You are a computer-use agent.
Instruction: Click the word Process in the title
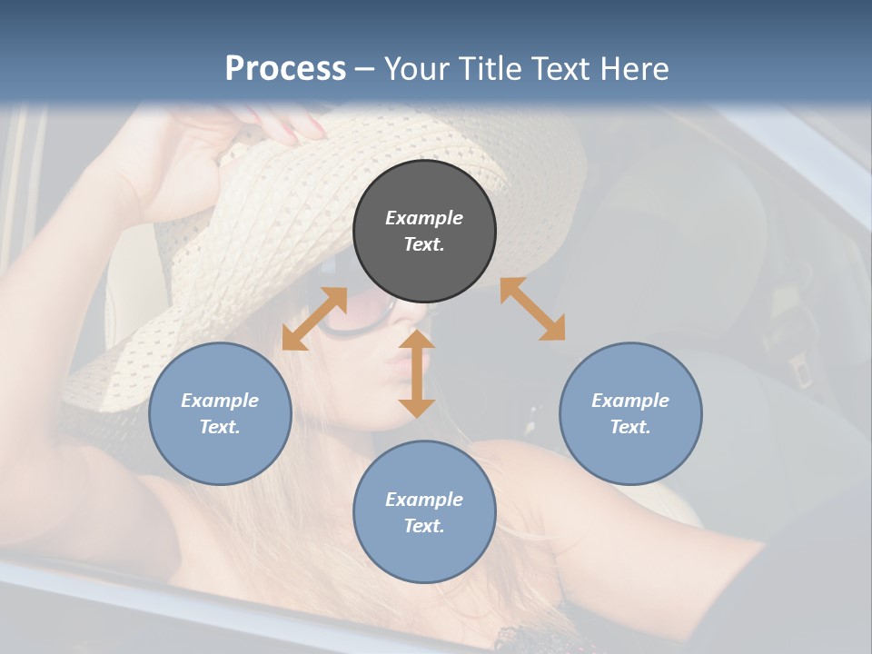pyautogui.click(x=285, y=69)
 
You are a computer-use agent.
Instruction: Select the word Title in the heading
pyautogui.click(x=484, y=69)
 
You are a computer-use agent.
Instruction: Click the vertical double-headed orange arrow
pyautogui.click(x=417, y=373)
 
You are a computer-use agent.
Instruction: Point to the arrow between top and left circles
pyautogui.click(x=314, y=319)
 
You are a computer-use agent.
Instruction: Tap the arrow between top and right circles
pyautogui.click(x=532, y=309)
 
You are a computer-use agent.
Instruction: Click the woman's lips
pyautogui.click(x=396, y=366)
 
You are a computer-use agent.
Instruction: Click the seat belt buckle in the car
pyautogui.click(x=800, y=369)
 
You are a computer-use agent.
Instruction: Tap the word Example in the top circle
pyautogui.click(x=424, y=218)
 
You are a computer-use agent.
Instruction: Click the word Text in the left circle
pyautogui.click(x=220, y=427)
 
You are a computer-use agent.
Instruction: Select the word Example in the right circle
pyautogui.click(x=630, y=401)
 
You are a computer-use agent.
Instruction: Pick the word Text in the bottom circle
pyautogui.click(x=423, y=526)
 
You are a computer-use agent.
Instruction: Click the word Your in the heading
pyautogui.click(x=416, y=69)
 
